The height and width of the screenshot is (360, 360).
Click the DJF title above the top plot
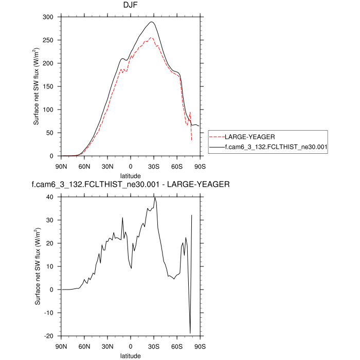(131, 6)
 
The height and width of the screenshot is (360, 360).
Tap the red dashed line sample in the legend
(216, 137)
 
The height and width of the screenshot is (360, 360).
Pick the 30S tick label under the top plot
(154, 166)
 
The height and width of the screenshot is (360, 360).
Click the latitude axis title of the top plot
(131, 175)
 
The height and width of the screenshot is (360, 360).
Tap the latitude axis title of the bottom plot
(131, 355)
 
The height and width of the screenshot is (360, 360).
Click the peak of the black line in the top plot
(152, 22)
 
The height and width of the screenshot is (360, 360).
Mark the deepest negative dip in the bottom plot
(190, 333)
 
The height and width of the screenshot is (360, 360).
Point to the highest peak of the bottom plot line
(155, 197)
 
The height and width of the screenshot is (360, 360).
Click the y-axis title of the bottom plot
(38, 266)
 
